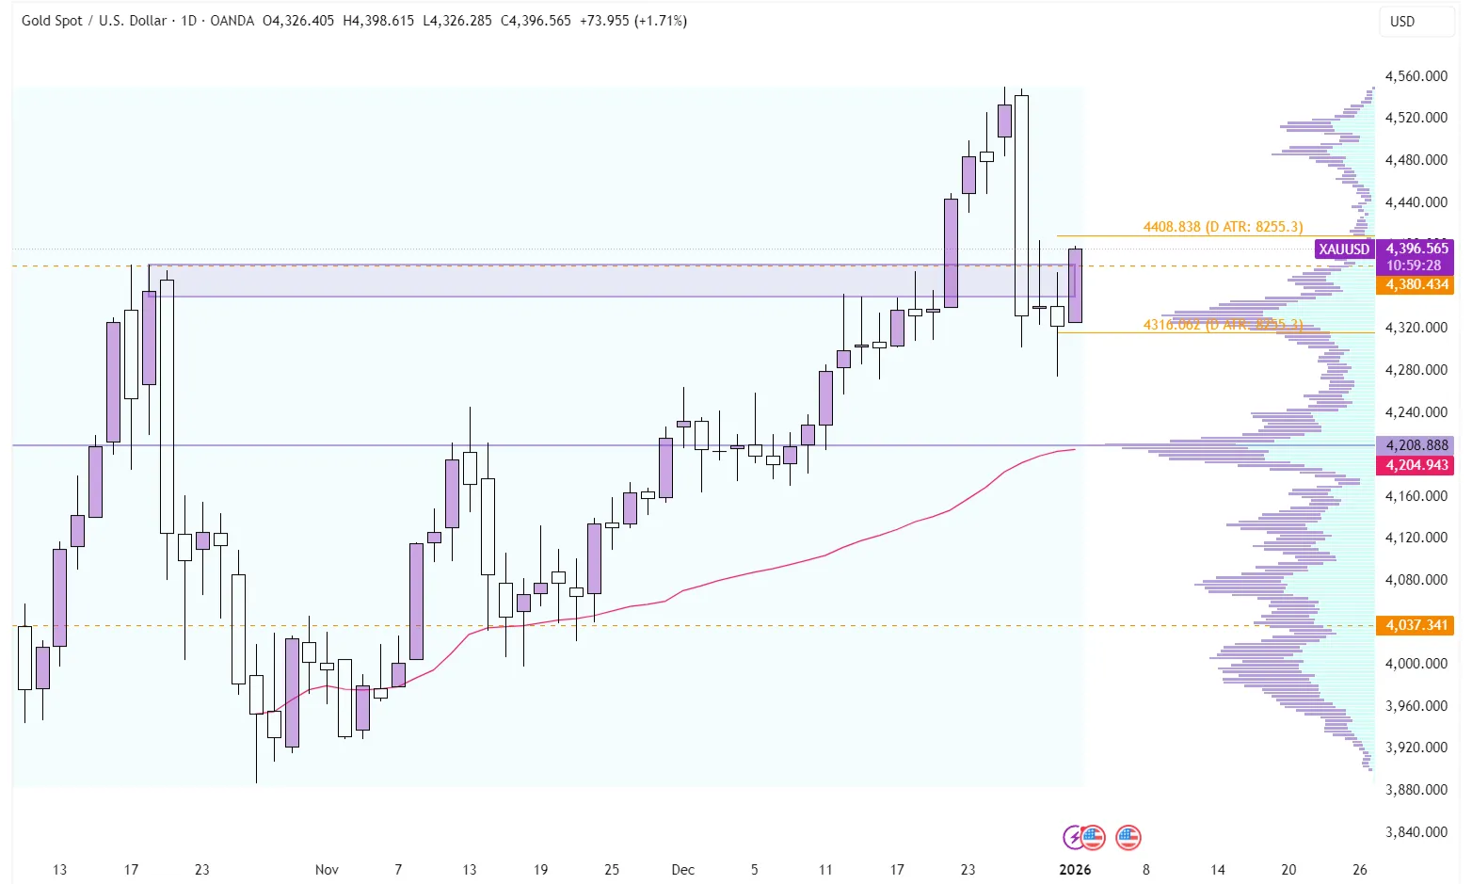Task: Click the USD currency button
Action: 1402,22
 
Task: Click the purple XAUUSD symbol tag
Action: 1344,249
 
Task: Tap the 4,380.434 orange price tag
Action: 1416,284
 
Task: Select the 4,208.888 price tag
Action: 1416,445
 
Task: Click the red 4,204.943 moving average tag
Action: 1416,465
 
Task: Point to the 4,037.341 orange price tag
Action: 1416,625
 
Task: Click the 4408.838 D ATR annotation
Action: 1223,227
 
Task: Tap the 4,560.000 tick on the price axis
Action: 1416,76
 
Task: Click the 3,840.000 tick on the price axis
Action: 1416,831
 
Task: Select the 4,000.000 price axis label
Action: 1416,664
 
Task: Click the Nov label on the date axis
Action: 327,869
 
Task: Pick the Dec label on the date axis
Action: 683,869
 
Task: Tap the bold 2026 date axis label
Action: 1075,869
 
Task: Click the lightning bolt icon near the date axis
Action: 1072,836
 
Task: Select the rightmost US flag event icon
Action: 1128,836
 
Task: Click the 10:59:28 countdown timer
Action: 1413,265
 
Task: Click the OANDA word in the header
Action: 232,21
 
